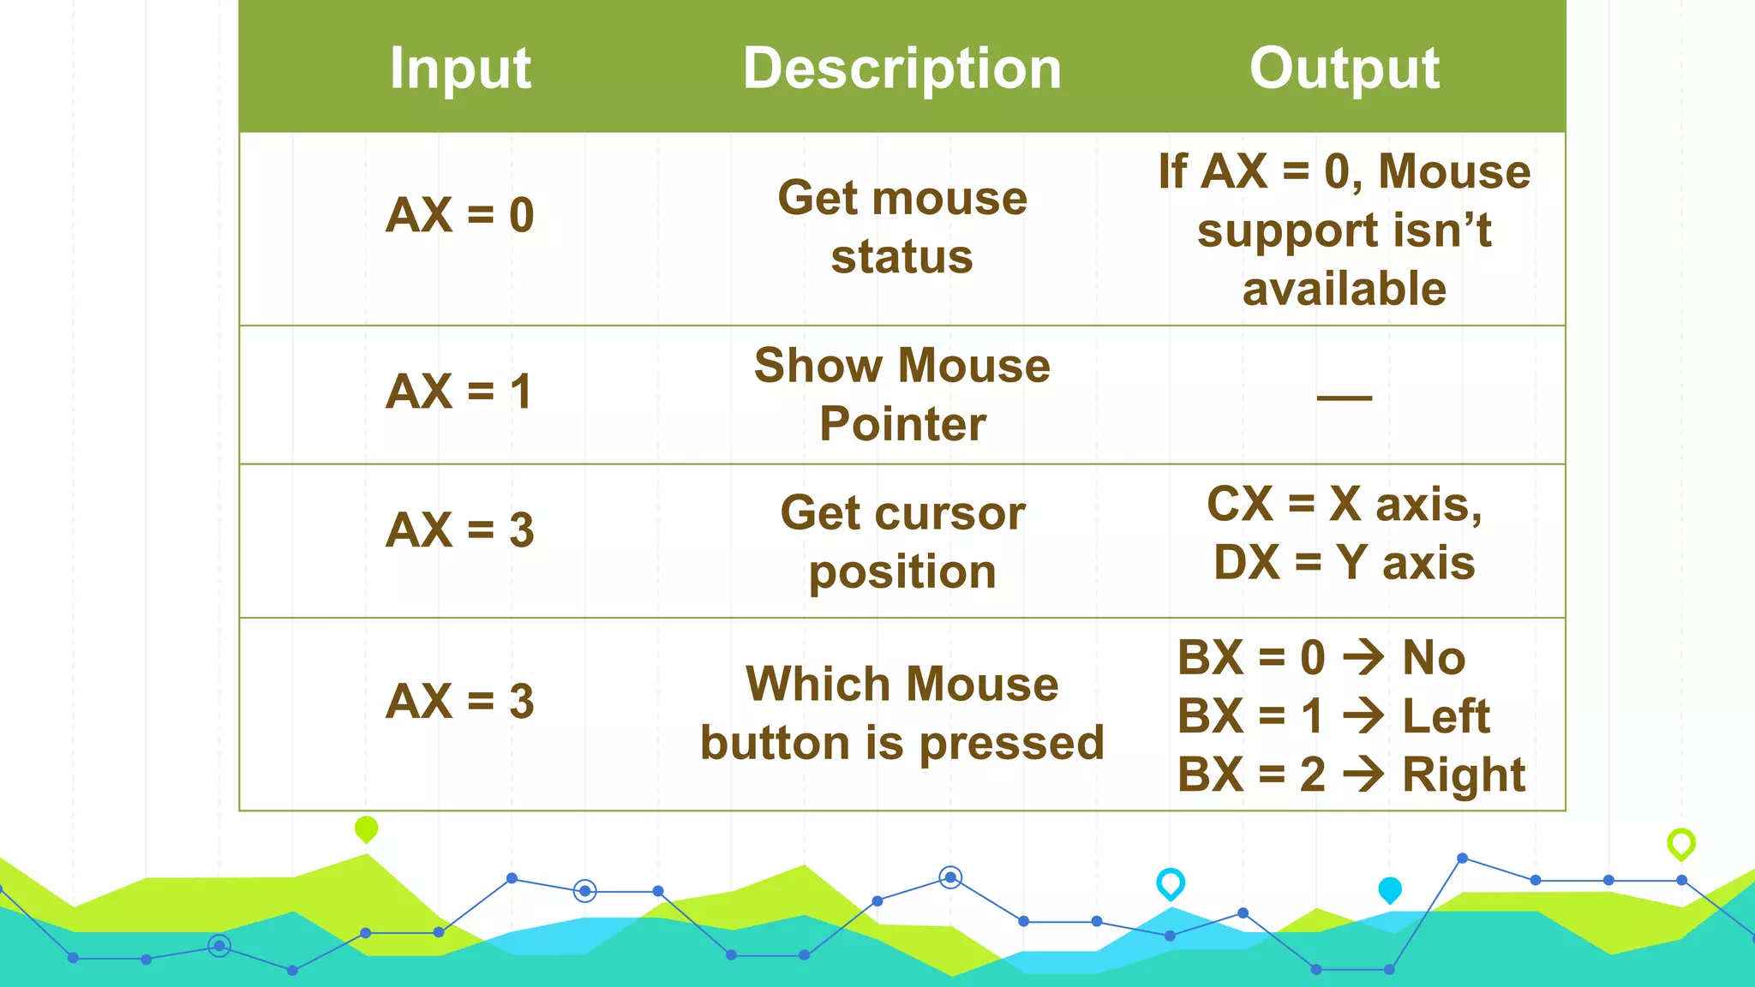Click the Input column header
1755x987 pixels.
click(460, 69)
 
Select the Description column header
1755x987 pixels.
click(901, 69)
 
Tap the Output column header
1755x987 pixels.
click(1344, 69)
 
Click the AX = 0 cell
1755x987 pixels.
click(460, 215)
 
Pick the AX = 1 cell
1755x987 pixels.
click(460, 392)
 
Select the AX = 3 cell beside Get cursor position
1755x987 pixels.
click(460, 530)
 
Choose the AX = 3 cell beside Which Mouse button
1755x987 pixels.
click(460, 702)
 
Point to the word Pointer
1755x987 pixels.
click(902, 424)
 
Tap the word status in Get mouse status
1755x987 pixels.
click(901, 257)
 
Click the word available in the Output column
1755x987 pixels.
click(1344, 289)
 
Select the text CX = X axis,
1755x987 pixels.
click(1344, 504)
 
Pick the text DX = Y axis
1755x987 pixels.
click(1344, 563)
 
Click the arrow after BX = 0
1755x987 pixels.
click(1363, 658)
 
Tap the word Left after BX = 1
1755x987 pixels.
click(1447, 716)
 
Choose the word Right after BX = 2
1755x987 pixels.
click(1464, 775)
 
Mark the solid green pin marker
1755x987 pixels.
click(366, 828)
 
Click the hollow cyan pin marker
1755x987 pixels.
click(1171, 882)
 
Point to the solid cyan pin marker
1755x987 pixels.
click(1389, 889)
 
